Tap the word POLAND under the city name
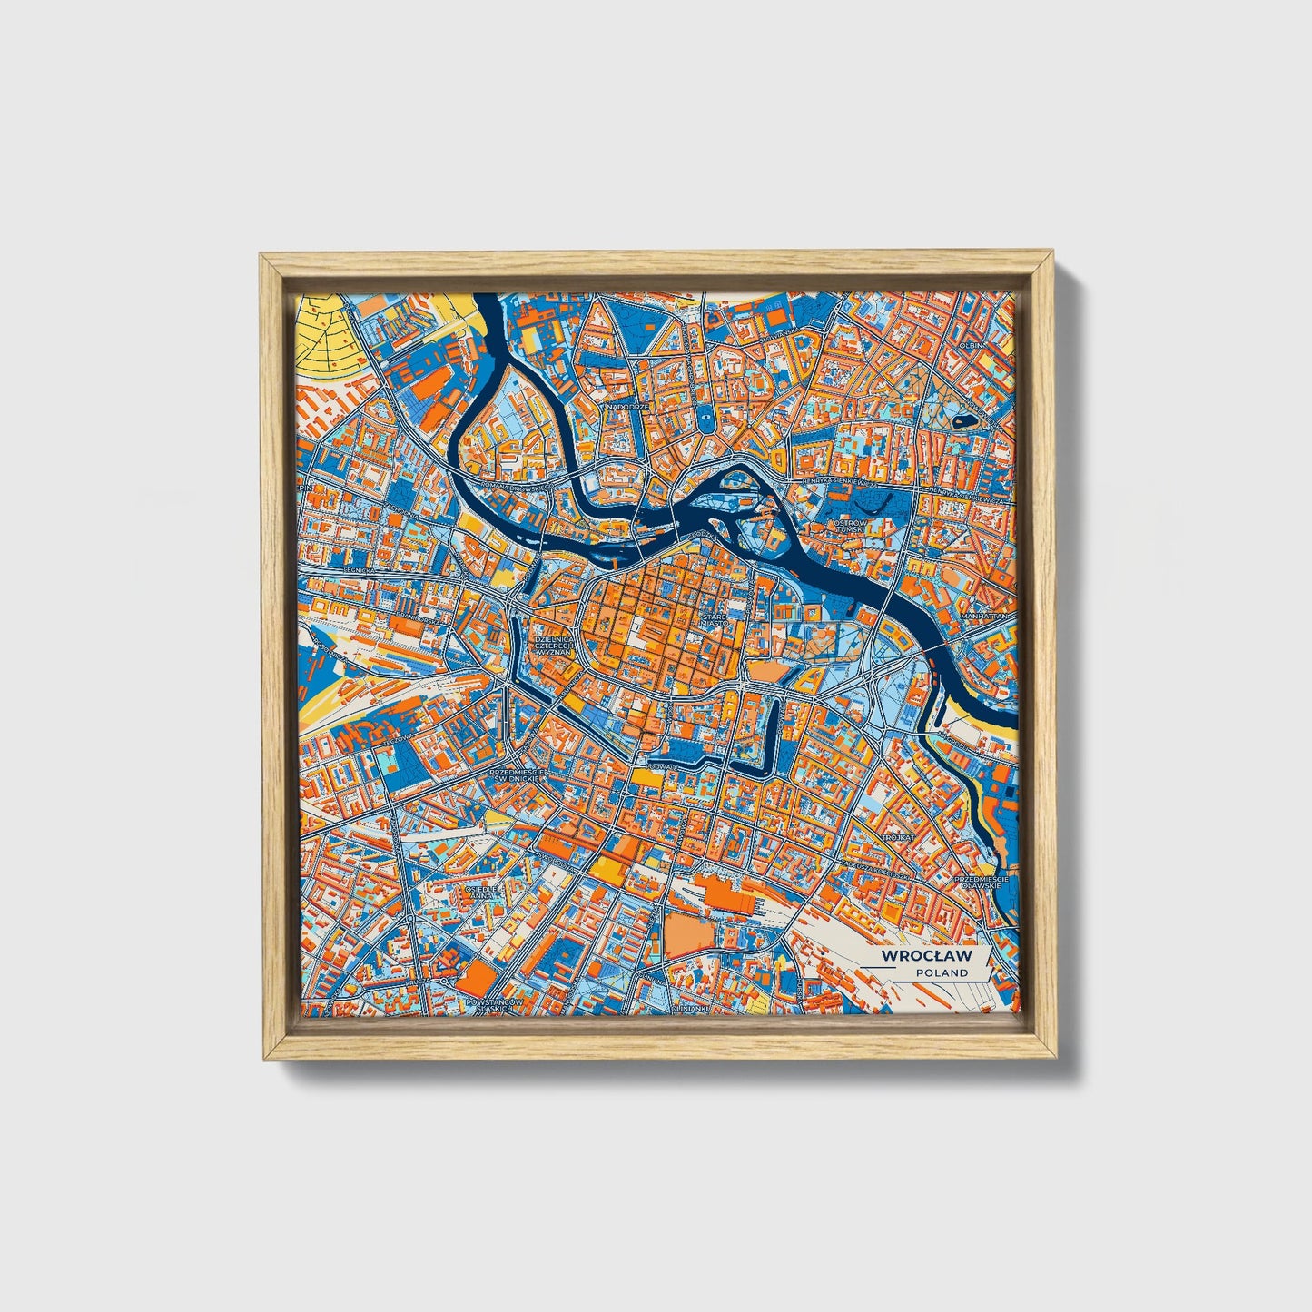[941, 972]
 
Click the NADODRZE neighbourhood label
[629, 407]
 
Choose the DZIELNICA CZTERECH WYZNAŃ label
[554, 639]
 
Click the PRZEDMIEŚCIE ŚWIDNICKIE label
[516, 775]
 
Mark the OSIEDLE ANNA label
[481, 892]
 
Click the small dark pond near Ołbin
[961, 421]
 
